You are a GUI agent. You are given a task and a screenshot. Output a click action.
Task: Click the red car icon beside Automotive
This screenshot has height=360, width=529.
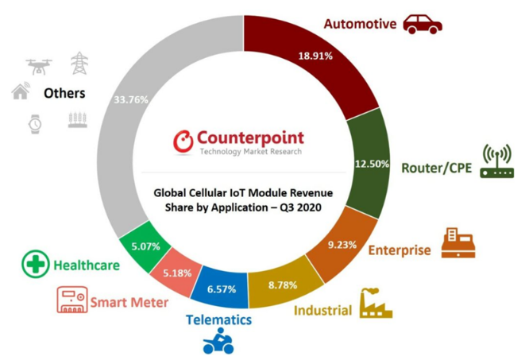pyautogui.click(x=422, y=24)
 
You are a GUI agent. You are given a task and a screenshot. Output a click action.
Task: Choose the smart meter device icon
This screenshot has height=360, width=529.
pyautogui.click(x=71, y=300)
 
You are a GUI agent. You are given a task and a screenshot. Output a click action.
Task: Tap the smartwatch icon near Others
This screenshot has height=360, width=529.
pyautogui.click(x=34, y=122)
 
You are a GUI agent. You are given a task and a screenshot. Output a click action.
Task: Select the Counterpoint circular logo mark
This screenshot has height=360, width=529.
pyautogui.click(x=183, y=141)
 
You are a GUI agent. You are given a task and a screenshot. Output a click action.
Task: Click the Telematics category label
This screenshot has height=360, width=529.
pyautogui.click(x=218, y=319)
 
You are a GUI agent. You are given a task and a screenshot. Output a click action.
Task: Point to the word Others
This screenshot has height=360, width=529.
pyautogui.click(x=64, y=94)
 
